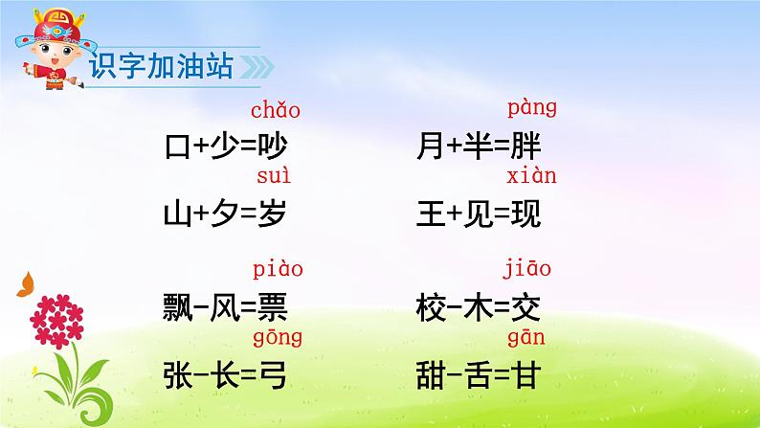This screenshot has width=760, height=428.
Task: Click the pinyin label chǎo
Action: pyautogui.click(x=277, y=110)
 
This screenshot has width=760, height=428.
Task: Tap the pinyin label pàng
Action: pyautogui.click(x=531, y=106)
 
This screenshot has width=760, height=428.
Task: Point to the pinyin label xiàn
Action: pyautogui.click(x=530, y=176)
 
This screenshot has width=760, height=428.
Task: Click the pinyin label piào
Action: pyautogui.click(x=278, y=269)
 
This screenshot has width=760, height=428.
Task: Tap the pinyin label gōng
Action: pyautogui.click(x=278, y=336)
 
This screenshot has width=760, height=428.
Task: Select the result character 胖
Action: pyautogui.click(x=526, y=146)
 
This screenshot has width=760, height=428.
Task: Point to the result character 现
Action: pyautogui.click(x=525, y=212)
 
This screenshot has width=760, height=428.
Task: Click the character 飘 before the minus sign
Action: pyautogui.click(x=181, y=306)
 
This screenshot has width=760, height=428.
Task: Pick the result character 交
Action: pyautogui.click(x=525, y=306)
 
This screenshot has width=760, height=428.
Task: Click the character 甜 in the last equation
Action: pyautogui.click(x=434, y=372)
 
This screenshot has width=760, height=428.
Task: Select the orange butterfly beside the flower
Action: pyautogui.click(x=26, y=282)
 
